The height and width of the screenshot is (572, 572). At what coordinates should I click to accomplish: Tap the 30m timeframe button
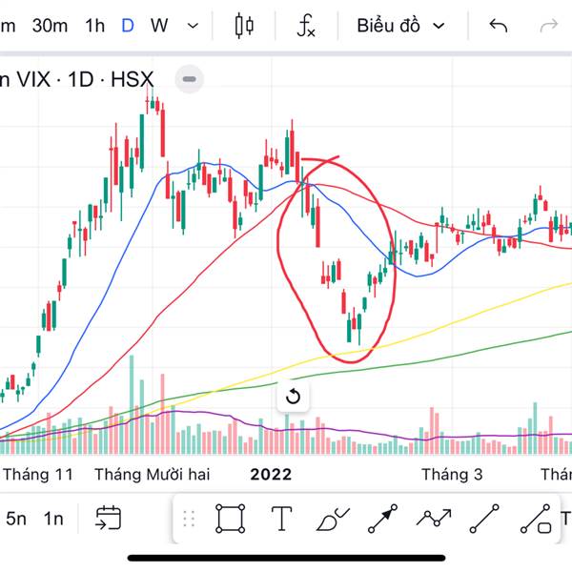50,26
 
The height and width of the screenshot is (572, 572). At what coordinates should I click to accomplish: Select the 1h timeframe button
94,26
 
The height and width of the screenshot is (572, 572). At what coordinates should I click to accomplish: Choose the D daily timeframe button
128,26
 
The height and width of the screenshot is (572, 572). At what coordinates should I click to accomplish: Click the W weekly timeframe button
159,26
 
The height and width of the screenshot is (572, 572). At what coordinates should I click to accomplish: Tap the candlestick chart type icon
244,26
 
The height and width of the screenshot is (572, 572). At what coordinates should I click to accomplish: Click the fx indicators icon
305,26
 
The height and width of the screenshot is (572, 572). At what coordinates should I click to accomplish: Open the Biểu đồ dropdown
400,26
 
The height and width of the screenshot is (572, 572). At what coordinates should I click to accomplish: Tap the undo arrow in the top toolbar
498,26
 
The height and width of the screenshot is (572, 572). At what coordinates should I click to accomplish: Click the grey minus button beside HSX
189,79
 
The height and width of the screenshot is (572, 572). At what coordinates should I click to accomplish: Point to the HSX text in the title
132,79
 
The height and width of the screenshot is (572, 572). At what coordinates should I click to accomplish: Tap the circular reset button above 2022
293,397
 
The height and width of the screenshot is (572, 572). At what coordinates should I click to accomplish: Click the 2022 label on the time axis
271,474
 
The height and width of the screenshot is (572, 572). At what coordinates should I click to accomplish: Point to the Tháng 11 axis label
38,474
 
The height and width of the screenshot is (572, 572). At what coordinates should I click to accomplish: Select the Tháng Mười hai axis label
153,474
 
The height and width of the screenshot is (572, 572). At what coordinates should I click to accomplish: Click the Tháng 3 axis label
446,474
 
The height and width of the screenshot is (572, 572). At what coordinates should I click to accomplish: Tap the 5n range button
16,519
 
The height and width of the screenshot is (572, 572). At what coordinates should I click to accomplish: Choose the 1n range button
52,519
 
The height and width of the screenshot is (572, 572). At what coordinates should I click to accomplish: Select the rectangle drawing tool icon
230,519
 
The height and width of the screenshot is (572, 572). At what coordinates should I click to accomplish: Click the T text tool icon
281,519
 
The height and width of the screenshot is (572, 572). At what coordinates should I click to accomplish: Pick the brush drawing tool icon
332,519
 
